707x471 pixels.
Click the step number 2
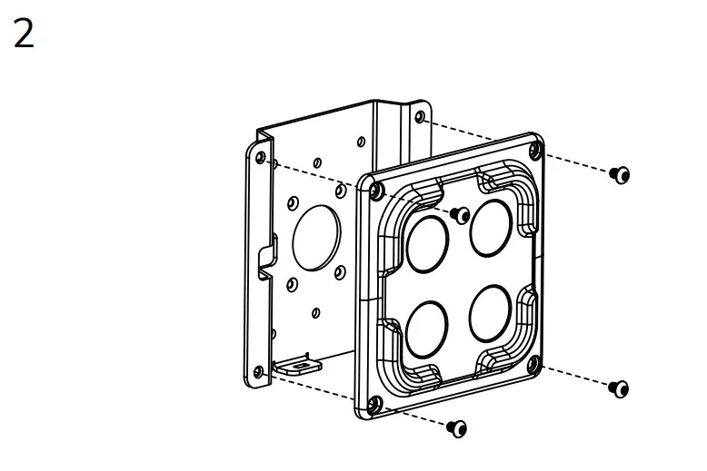click(x=24, y=34)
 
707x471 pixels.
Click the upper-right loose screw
click(x=620, y=175)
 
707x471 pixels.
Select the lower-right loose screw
click(x=619, y=388)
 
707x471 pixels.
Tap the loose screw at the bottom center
click(x=457, y=428)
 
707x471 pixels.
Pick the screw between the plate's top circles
click(x=461, y=215)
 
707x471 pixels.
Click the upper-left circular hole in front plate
click(x=427, y=244)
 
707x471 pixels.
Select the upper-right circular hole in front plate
click(x=491, y=229)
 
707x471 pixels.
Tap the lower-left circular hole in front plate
click(x=426, y=330)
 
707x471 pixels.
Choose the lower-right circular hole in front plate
click(x=490, y=314)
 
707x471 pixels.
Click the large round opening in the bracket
click(x=316, y=238)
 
